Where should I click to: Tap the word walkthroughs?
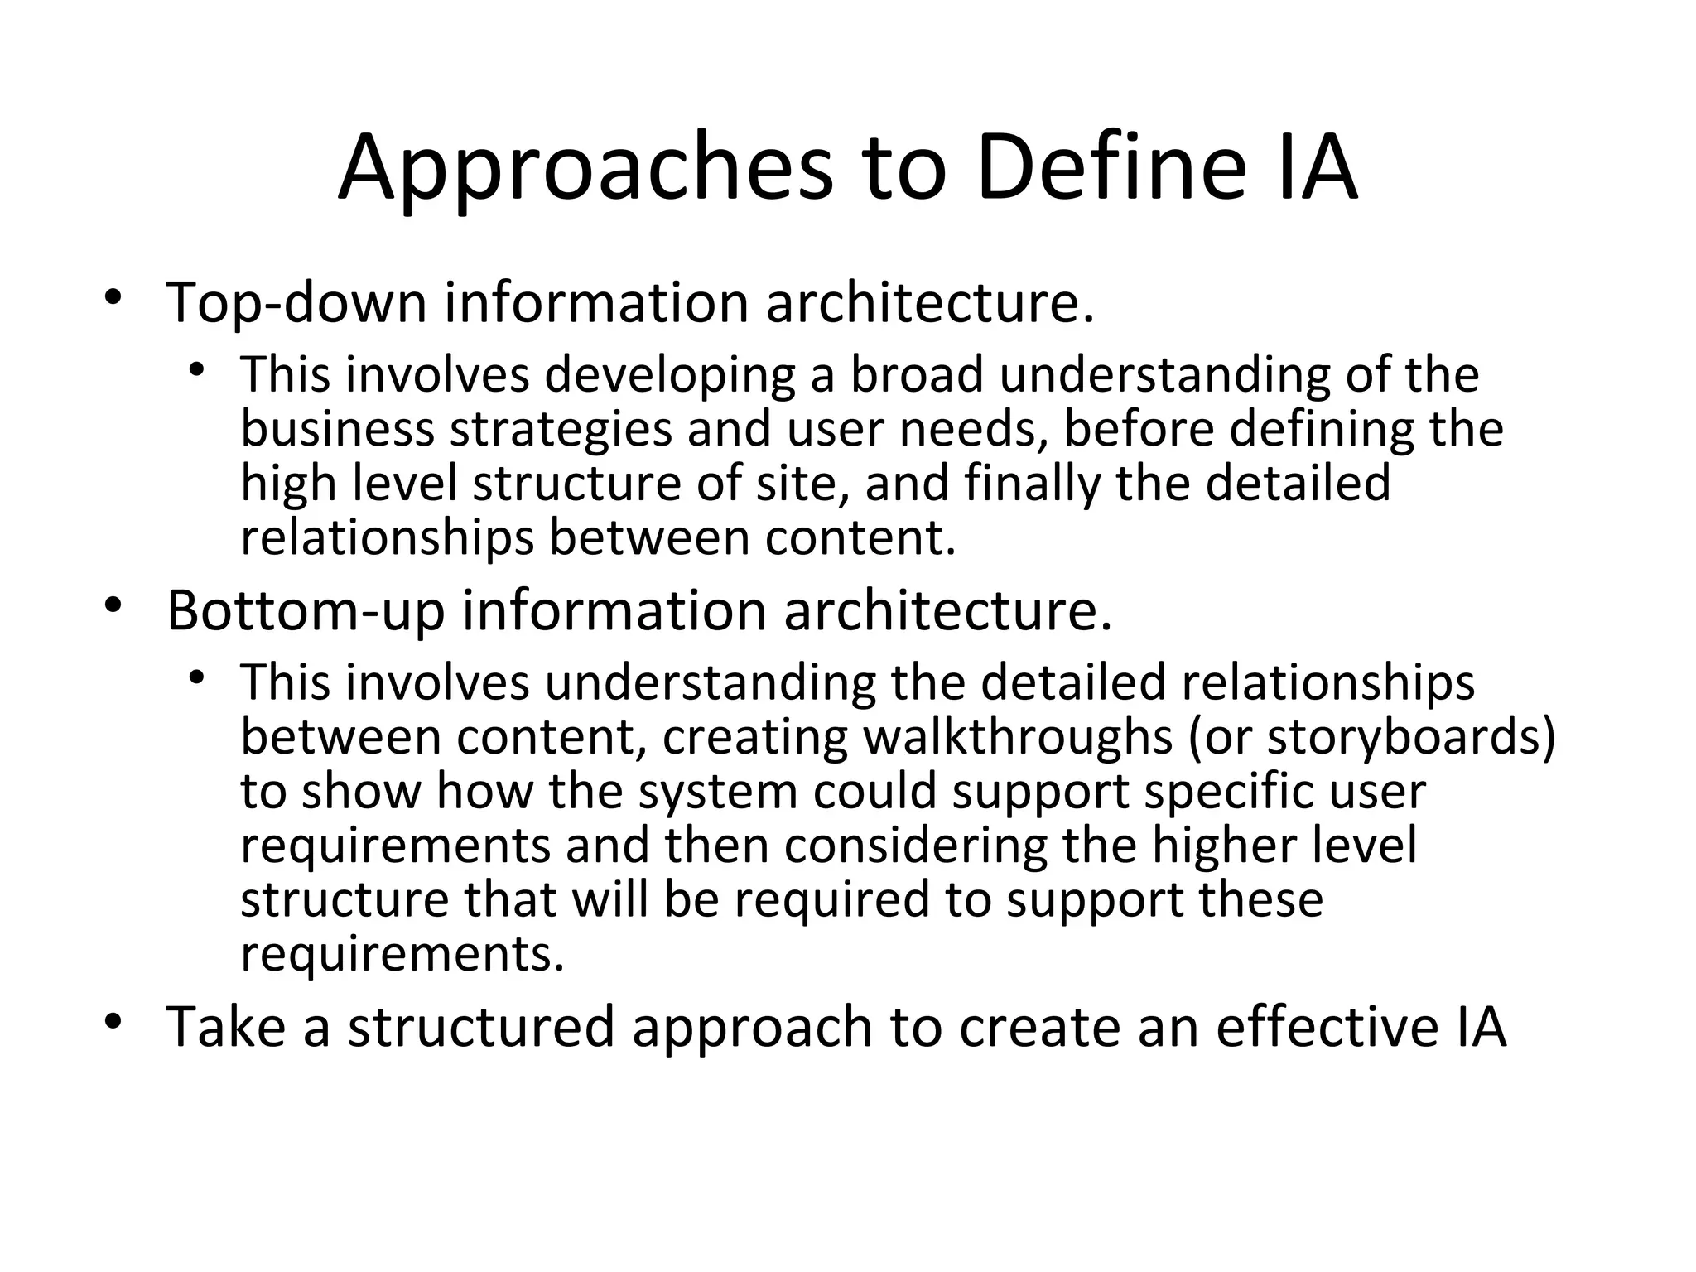[1019, 737]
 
